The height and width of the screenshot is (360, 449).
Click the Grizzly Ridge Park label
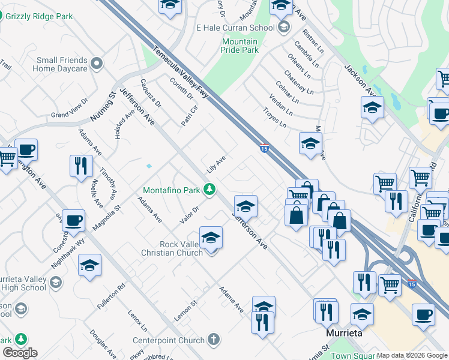[x=43, y=16]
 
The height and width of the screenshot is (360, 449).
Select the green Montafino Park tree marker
[x=209, y=190]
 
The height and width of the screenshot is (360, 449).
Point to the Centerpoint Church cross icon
[x=214, y=340]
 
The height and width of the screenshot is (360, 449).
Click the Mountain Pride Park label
[x=240, y=46]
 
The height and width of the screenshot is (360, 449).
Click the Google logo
[x=20, y=353]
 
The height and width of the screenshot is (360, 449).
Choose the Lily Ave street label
[x=215, y=164]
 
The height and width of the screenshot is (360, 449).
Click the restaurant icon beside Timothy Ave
[x=81, y=166]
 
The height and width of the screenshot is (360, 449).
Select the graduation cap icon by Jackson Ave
[x=372, y=108]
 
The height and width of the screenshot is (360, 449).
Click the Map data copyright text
[x=412, y=355]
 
